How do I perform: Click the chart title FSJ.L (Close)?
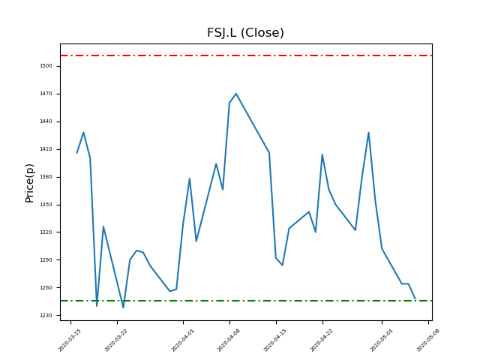pos(245,33)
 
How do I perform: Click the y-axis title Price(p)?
pos(30,182)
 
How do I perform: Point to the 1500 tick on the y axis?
pos(46,66)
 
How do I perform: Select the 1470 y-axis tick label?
pos(46,94)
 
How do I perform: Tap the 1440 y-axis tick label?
pos(46,121)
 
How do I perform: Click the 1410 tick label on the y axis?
pos(46,149)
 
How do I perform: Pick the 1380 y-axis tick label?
pos(46,177)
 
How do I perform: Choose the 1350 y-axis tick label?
pos(46,205)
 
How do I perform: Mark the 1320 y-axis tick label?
pos(46,232)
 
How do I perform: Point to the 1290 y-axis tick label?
pos(46,260)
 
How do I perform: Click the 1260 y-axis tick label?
pos(46,288)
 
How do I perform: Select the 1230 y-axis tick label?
pos(46,316)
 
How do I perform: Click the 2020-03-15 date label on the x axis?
pos(70,340)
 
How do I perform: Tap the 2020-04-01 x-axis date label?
pos(183,340)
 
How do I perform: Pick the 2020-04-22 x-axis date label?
pos(322,340)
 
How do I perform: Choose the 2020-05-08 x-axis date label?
pos(427,340)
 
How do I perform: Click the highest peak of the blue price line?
pos(235,94)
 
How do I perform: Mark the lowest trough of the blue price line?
pos(123,307)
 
